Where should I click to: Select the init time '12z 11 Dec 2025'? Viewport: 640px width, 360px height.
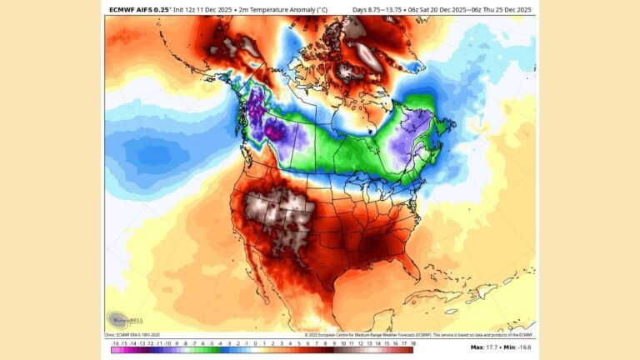(x=200, y=10)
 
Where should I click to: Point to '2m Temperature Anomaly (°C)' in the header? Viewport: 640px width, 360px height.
(x=281, y=10)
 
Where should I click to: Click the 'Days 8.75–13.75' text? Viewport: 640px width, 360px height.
(x=379, y=10)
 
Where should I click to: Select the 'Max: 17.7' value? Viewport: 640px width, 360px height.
(x=485, y=347)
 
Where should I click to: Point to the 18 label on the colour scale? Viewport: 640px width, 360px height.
(x=411, y=342)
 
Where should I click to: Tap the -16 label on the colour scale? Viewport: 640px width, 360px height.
(x=114, y=342)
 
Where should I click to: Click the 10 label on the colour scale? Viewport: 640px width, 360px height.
(x=342, y=342)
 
